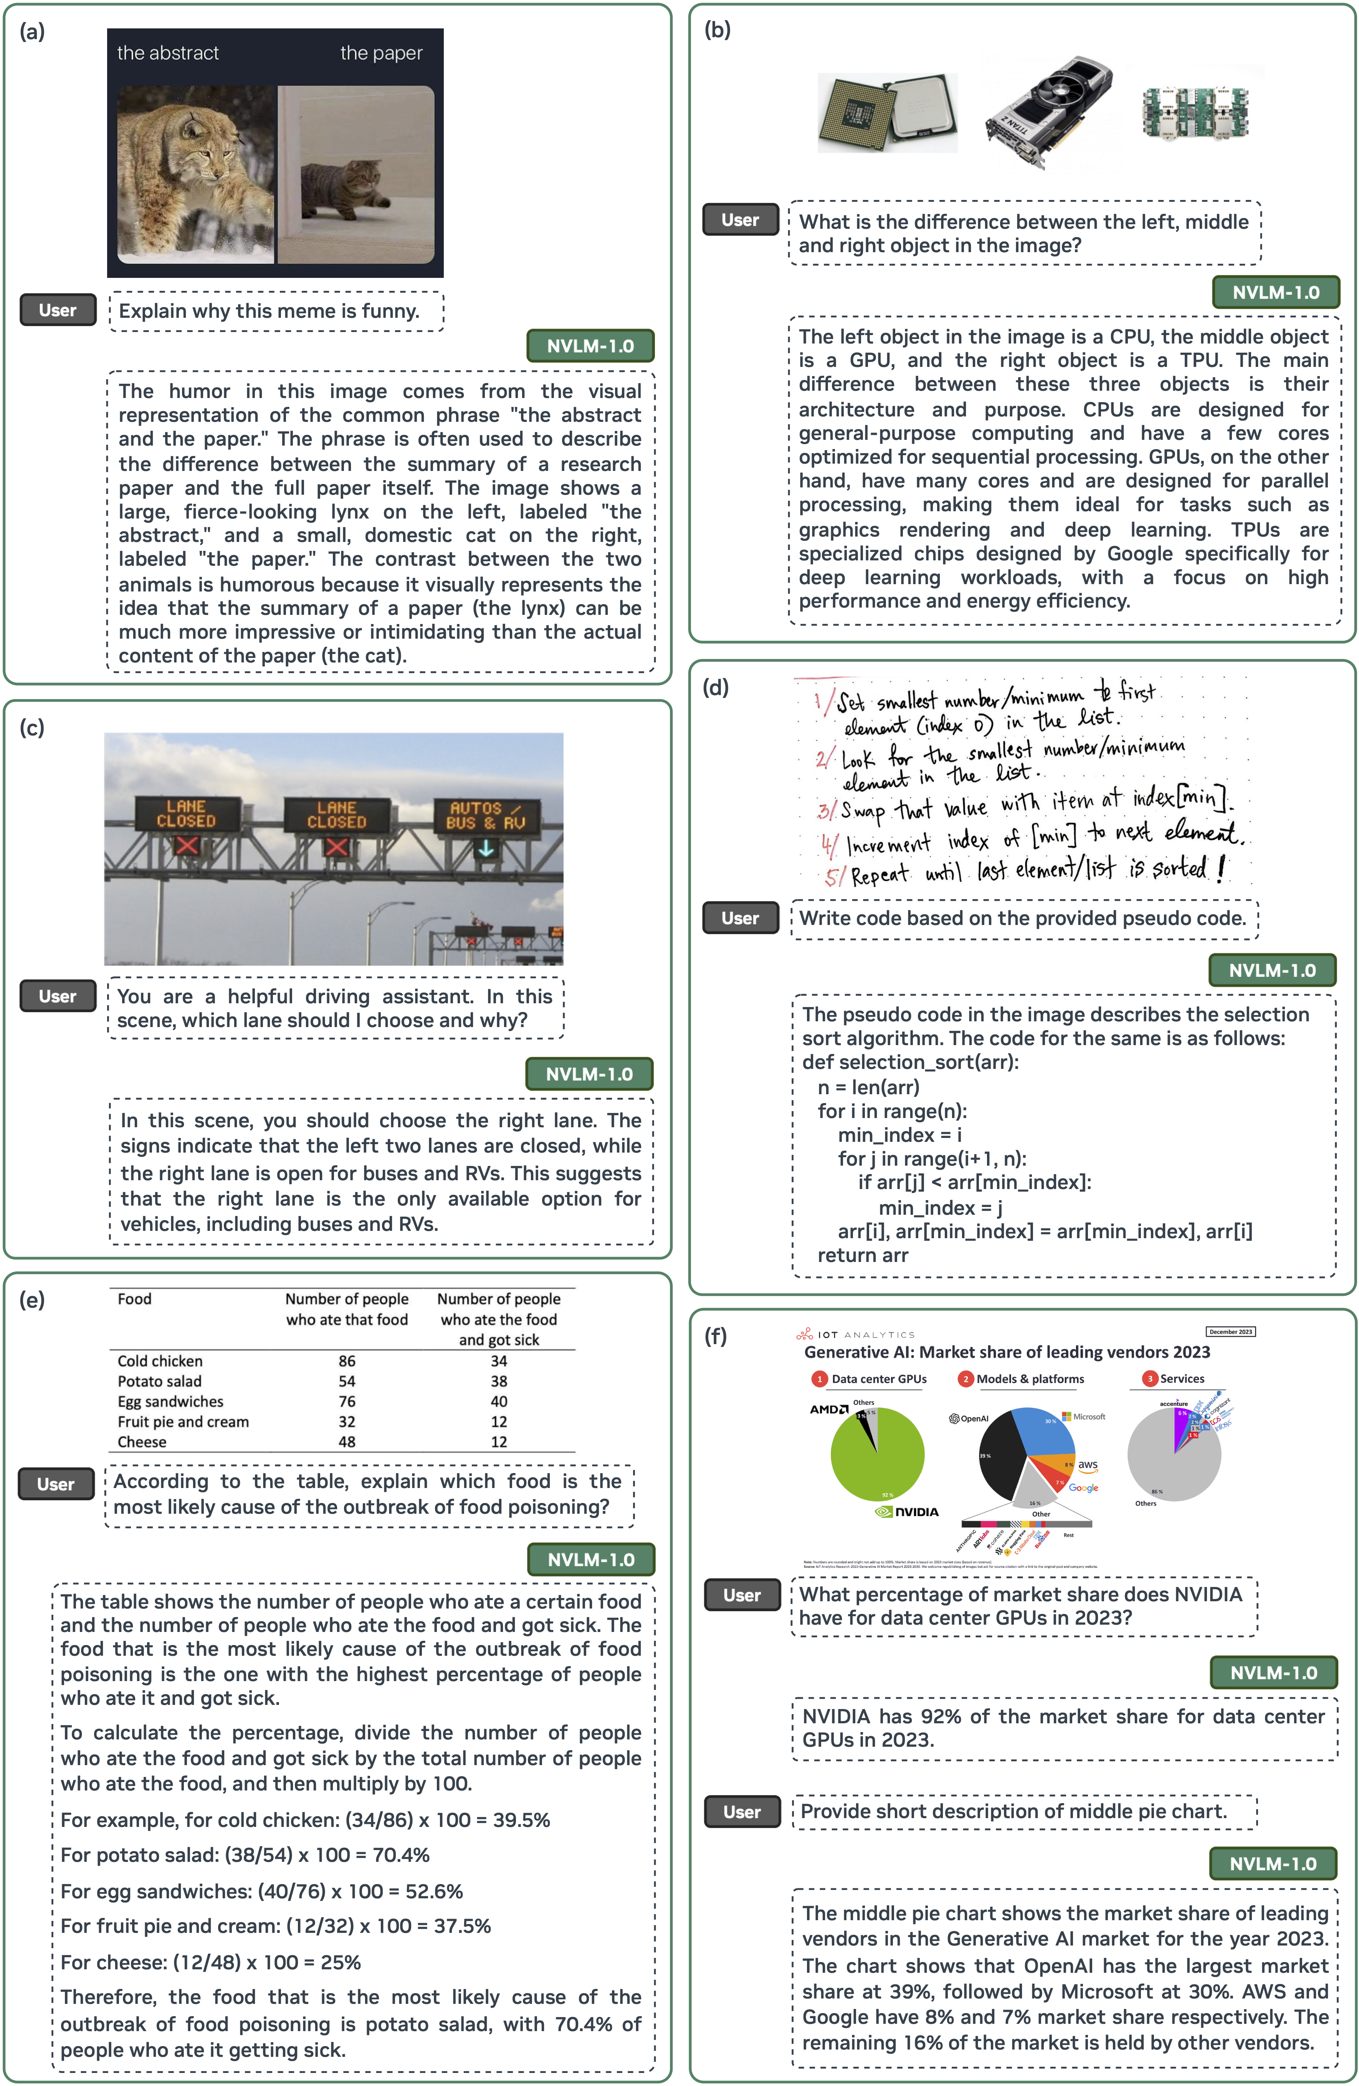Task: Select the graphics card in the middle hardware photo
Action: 1048,109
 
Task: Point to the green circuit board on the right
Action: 1194,111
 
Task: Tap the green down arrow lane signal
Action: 485,849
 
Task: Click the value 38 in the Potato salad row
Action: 499,1381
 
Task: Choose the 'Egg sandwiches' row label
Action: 170,1401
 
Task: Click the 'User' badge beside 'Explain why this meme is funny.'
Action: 58,310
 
